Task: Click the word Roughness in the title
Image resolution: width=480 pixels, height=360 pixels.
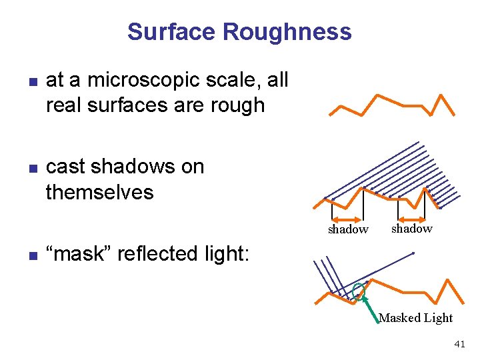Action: pyautogui.click(x=287, y=31)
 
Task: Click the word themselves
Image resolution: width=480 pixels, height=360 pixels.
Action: pyautogui.click(x=99, y=192)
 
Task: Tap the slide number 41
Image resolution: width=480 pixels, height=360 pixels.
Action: pyautogui.click(x=459, y=344)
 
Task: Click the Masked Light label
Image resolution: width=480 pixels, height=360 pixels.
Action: pyautogui.click(x=415, y=318)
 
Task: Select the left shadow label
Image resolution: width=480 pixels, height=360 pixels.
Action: pyautogui.click(x=347, y=229)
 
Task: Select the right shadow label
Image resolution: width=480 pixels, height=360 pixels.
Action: pyautogui.click(x=411, y=229)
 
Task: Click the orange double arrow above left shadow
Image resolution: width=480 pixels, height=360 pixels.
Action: pyautogui.click(x=347, y=219)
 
